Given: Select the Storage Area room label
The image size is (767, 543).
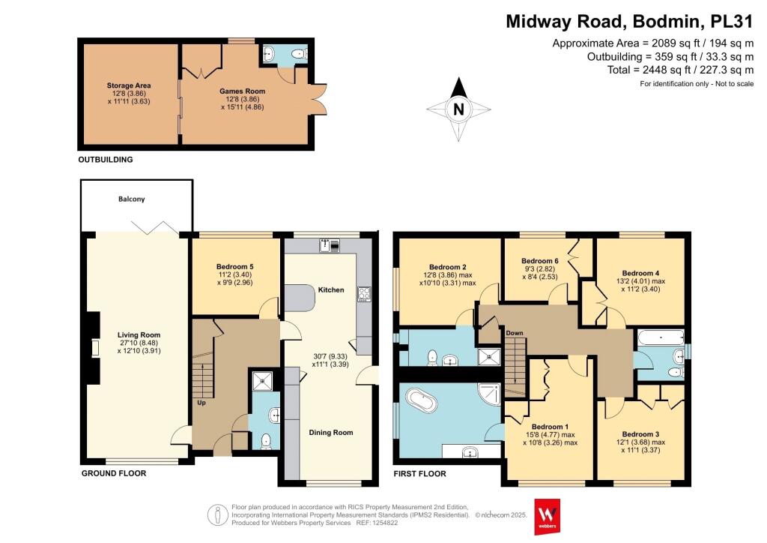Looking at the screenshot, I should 129,86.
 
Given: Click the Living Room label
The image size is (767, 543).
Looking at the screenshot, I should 139,335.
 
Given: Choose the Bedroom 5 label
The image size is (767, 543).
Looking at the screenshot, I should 236,266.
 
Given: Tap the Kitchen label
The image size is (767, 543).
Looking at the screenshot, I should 331,289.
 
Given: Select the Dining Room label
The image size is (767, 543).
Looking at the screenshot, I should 330,433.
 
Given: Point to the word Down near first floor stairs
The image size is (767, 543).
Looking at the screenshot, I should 514,333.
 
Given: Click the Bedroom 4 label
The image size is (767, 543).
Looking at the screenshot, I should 642,273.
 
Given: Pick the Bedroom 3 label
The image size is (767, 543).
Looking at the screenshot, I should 642,434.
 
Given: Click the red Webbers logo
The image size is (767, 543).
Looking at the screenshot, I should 549,516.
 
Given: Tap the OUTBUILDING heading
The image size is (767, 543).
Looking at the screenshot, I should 106,160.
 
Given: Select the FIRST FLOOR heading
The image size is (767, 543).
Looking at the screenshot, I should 419,474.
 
